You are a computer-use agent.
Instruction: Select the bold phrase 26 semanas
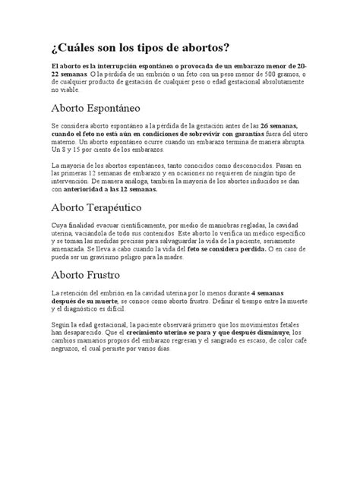(x=279, y=125)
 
